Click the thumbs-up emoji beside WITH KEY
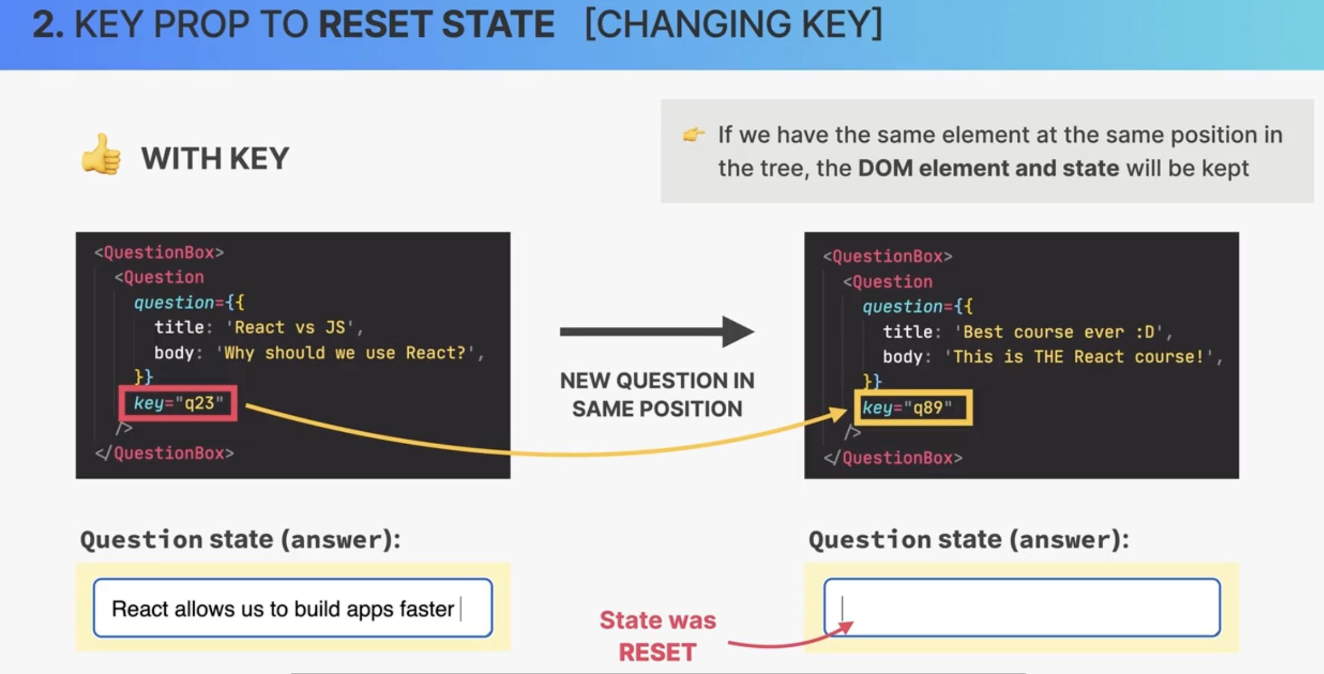click(101, 155)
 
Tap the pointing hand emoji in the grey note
click(693, 134)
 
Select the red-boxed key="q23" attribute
click(178, 403)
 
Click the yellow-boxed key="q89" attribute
click(913, 407)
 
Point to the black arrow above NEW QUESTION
click(657, 331)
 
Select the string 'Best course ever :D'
click(1058, 332)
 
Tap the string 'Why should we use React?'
click(345, 353)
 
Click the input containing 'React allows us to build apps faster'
click(293, 608)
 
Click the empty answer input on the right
click(1022, 608)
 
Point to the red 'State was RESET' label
click(657, 636)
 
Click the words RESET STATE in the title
click(436, 24)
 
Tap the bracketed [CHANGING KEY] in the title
click(734, 24)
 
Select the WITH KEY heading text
click(215, 158)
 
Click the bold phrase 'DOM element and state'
click(988, 168)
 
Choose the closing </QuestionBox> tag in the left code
click(165, 453)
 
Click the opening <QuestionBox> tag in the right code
click(888, 256)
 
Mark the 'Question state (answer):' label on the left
click(240, 540)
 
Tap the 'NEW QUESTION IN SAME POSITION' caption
click(657, 395)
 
